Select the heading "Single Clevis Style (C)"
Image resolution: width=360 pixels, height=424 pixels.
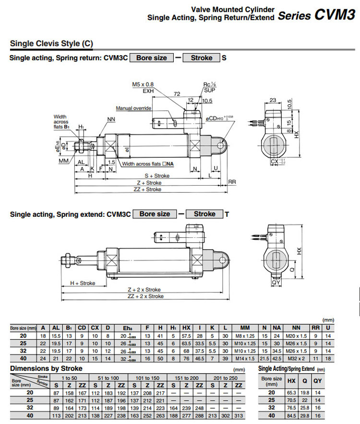[51, 44]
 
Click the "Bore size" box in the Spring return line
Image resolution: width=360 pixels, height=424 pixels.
[151, 58]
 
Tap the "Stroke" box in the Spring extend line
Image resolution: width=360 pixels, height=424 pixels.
[204, 214]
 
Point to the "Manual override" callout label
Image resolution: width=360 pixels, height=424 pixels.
[133, 108]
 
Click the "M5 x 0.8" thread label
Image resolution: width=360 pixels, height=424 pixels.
[143, 84]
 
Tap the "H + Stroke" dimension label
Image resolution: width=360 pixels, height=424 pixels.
[83, 283]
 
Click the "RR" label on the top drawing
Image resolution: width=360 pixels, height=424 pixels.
[232, 182]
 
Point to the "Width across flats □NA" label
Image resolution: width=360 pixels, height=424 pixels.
[148, 164]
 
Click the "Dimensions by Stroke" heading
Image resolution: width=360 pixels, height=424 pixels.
[46, 368]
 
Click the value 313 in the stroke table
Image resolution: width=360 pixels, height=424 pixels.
[236, 415]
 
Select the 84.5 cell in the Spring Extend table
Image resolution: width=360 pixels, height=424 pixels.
[291, 415]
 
